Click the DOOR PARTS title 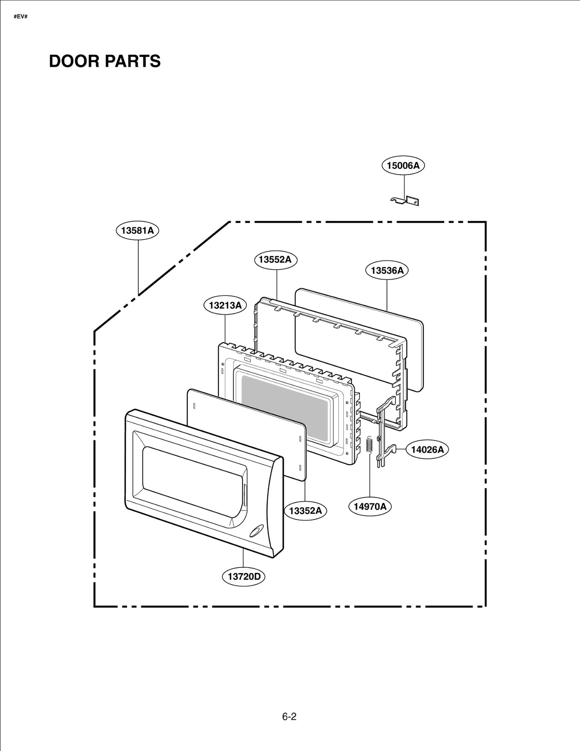pos(104,61)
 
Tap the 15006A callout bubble pos(403,166)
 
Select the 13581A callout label pos(137,231)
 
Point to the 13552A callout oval pos(275,260)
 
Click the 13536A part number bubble pos(387,271)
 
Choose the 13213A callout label pos(225,305)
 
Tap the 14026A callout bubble pos(427,450)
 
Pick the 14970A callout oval pos(370,506)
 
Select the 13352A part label pos(305,511)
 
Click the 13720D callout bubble pos(244,576)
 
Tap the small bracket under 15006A pos(405,200)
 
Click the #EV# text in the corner pos(21,17)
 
